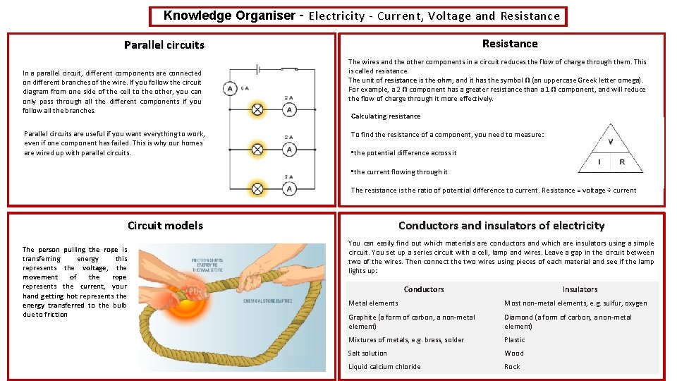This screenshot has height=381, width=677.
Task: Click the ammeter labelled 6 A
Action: [x=229, y=89]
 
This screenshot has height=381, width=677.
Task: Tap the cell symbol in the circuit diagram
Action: [x=260, y=68]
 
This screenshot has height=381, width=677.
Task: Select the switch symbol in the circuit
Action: [x=288, y=68]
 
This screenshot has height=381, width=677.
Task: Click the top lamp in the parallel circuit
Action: [x=258, y=109]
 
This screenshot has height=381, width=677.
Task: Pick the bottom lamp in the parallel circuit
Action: [x=258, y=188]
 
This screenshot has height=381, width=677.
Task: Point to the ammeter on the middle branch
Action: [x=289, y=149]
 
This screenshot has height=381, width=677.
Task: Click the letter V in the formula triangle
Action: [x=610, y=142]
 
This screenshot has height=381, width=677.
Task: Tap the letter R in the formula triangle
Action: [x=622, y=162]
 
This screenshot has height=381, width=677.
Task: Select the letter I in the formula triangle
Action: [x=599, y=162]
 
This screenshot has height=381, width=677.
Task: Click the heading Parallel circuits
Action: [x=164, y=45]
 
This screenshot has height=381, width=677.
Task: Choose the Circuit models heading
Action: [x=165, y=226]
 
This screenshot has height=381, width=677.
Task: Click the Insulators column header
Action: [x=580, y=289]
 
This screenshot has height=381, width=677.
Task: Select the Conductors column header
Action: [x=424, y=289]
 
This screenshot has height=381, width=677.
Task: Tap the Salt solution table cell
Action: [x=367, y=353]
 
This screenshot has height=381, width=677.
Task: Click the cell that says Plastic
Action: [x=514, y=339]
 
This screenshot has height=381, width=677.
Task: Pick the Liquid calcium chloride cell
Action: [x=384, y=366]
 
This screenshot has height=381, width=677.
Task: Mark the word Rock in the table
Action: [x=512, y=366]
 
